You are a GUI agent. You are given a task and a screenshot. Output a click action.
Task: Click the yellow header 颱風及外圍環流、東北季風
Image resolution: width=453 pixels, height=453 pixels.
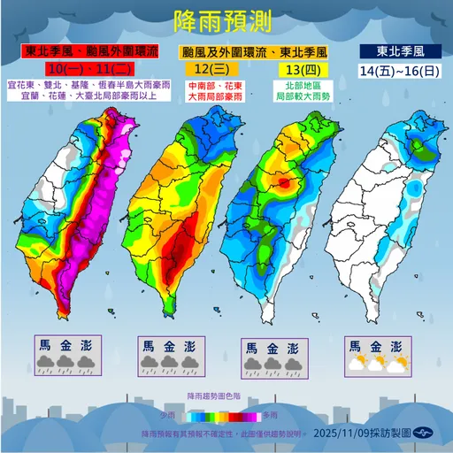coord(226,51)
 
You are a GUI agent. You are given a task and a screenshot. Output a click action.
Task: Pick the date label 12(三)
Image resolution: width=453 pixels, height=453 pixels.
coord(199,68)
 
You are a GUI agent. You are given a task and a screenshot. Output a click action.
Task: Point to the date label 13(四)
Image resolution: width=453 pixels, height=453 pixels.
coord(287,68)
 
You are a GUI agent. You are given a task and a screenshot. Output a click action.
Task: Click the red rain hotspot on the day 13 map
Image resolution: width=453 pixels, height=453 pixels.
coord(284,183)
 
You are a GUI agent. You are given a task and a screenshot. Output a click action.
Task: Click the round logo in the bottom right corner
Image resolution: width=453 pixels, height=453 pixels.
coord(427,434)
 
